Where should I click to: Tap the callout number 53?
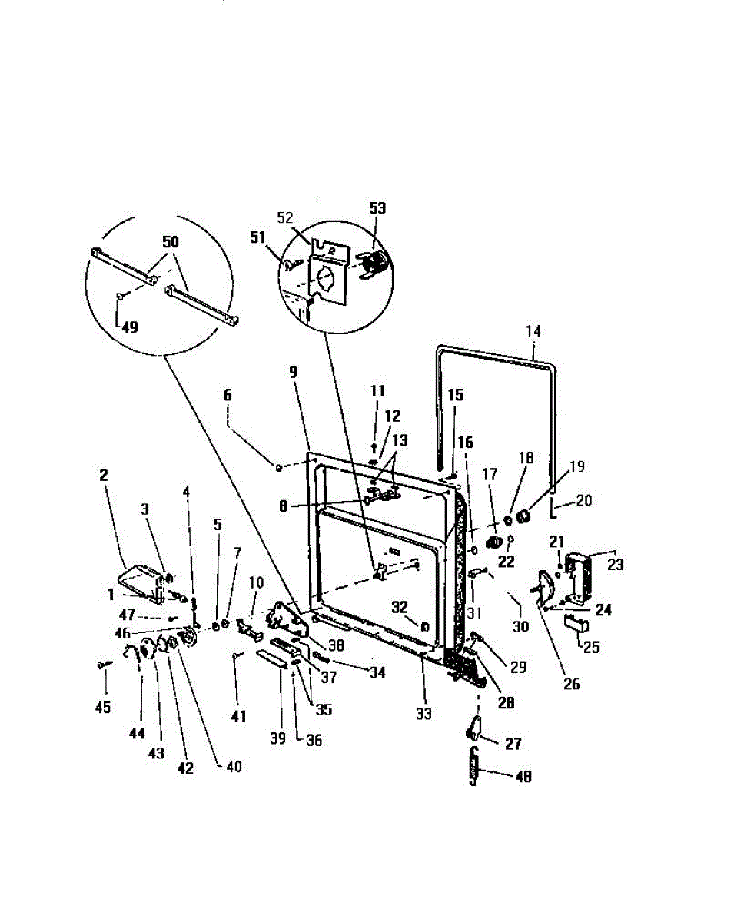(x=377, y=208)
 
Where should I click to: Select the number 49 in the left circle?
(x=130, y=327)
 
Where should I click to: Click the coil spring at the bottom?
(x=473, y=766)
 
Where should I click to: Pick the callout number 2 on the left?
(x=103, y=476)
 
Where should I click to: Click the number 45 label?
(x=103, y=707)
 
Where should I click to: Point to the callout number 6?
(x=227, y=394)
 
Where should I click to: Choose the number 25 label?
(x=590, y=646)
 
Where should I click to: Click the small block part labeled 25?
(x=573, y=622)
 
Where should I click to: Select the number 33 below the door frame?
(x=423, y=714)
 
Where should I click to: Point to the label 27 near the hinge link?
(x=513, y=743)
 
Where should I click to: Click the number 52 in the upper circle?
(x=285, y=217)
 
